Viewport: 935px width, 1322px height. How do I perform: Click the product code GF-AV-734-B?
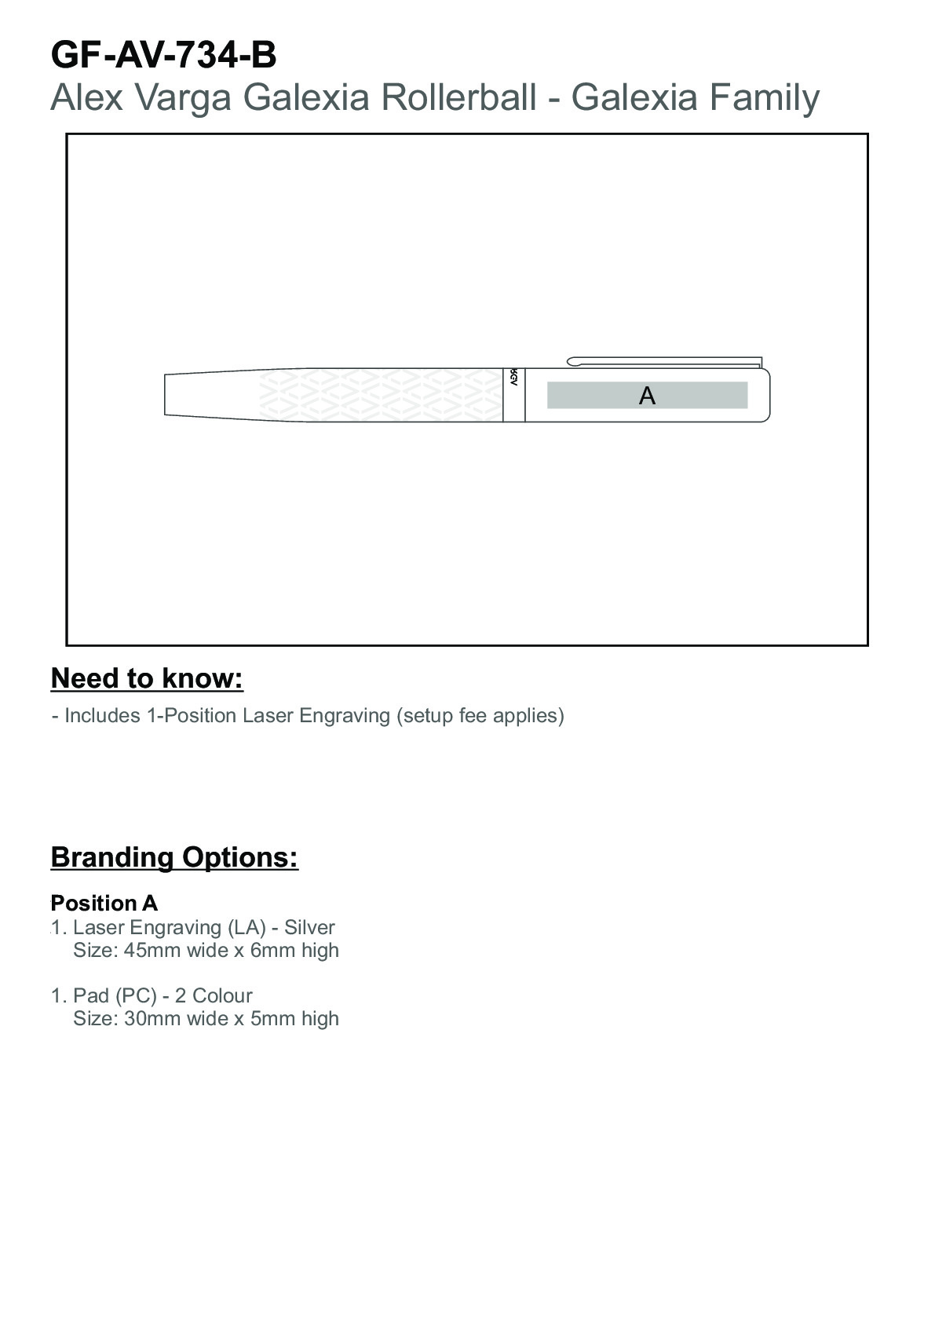[x=163, y=56]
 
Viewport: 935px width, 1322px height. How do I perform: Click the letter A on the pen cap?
[x=647, y=396]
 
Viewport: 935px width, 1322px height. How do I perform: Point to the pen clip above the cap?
[x=664, y=361]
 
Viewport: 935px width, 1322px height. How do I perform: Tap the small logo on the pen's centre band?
[x=513, y=377]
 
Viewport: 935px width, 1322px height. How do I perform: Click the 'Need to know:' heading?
[x=147, y=678]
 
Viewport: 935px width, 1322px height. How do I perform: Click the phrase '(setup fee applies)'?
[x=480, y=716]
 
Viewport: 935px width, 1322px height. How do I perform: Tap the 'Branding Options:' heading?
[x=174, y=856]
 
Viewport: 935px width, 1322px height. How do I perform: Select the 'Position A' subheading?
[x=104, y=903]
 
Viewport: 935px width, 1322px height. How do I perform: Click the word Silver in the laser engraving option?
[x=309, y=927]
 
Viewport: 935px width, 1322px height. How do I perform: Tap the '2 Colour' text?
[x=214, y=995]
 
